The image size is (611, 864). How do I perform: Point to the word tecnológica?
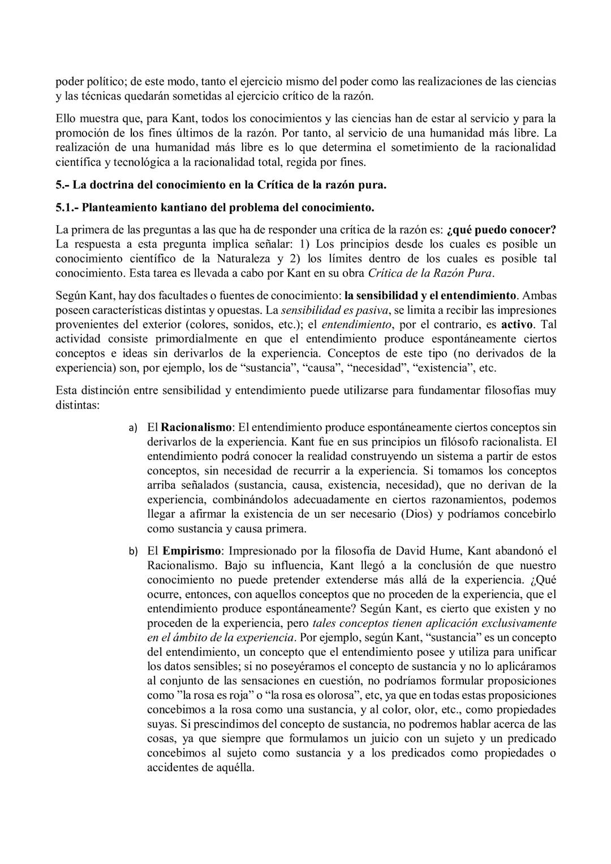click(132, 162)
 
